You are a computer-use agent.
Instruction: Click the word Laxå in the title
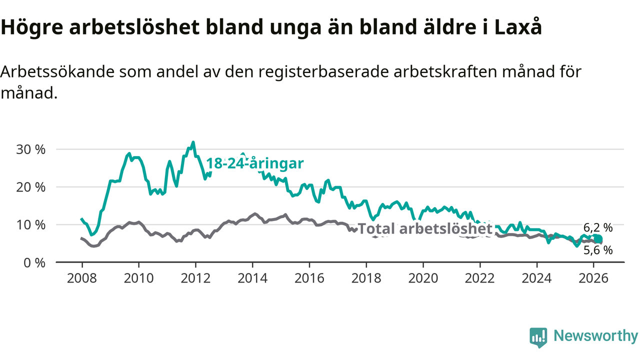pyautogui.click(x=517, y=27)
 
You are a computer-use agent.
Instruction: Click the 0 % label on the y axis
pyautogui.click(x=35, y=262)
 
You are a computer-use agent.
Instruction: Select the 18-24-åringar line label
pyautogui.click(x=255, y=164)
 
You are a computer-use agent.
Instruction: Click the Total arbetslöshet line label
pyautogui.click(x=425, y=229)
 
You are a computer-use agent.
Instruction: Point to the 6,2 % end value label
pyautogui.click(x=598, y=226)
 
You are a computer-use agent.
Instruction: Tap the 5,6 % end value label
pyautogui.click(x=598, y=250)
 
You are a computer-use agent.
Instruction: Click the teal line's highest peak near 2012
pyautogui.click(x=193, y=142)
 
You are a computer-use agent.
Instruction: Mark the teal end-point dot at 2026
pyautogui.click(x=598, y=239)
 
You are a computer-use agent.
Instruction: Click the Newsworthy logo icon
pyautogui.click(x=538, y=337)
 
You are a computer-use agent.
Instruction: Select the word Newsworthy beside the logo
pyautogui.click(x=595, y=336)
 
